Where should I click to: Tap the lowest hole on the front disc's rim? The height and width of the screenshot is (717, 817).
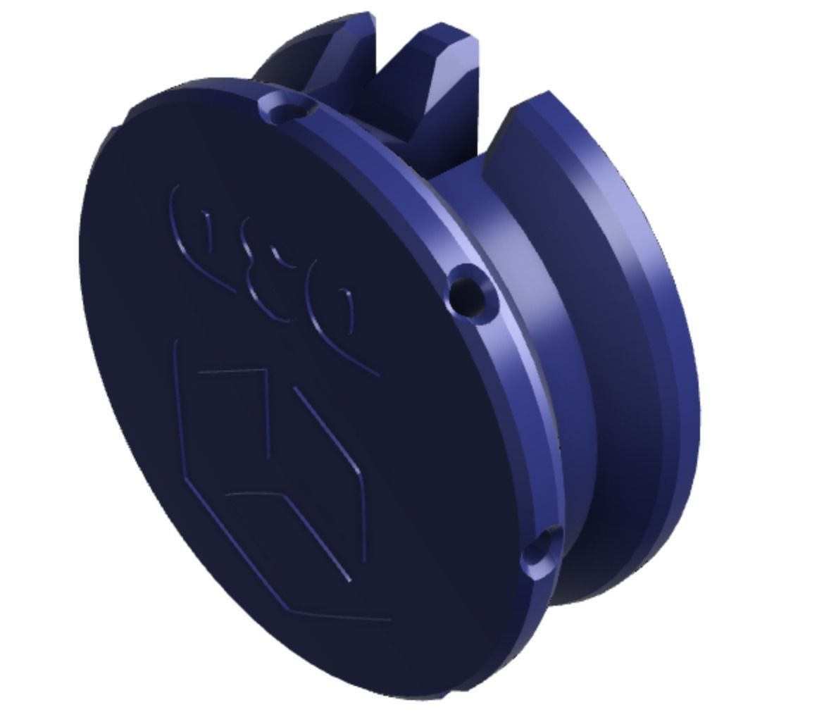coord(542,551)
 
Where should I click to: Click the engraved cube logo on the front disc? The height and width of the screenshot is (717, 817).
coord(275,479)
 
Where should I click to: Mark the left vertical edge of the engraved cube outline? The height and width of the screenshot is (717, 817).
coord(179,409)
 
